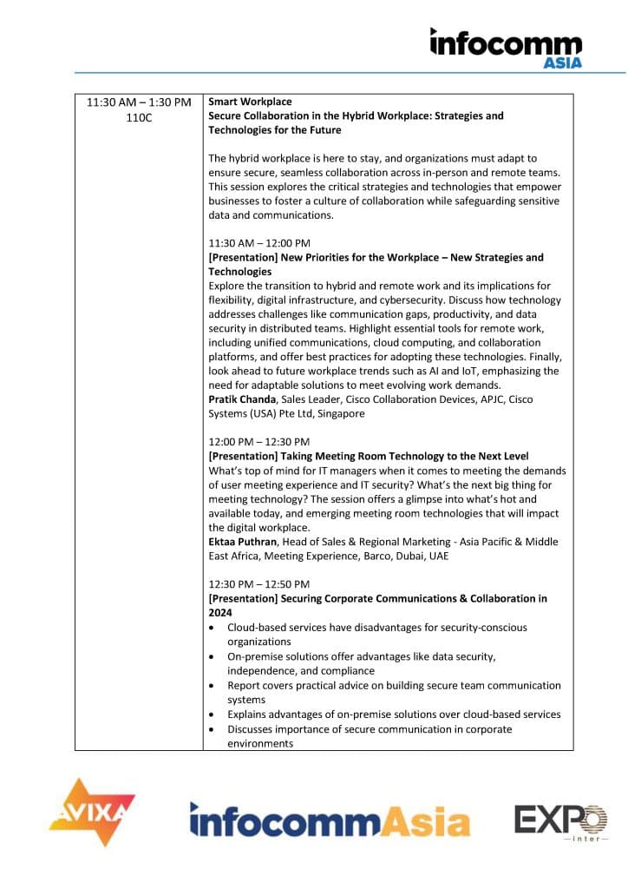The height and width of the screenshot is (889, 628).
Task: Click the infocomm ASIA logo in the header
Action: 507,47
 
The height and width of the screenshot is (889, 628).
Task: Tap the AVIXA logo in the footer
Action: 92,811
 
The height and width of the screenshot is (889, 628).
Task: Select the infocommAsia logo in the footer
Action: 330,820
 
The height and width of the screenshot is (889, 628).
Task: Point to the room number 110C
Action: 139,116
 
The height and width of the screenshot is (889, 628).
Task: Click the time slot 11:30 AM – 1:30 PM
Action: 139,102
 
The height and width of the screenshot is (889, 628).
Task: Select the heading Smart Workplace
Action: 250,102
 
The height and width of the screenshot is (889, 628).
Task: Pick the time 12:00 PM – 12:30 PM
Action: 259,442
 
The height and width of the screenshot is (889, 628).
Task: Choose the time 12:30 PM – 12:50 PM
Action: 259,584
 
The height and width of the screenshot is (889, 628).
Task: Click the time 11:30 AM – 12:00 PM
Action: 259,243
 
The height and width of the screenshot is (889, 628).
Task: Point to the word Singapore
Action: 339,414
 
